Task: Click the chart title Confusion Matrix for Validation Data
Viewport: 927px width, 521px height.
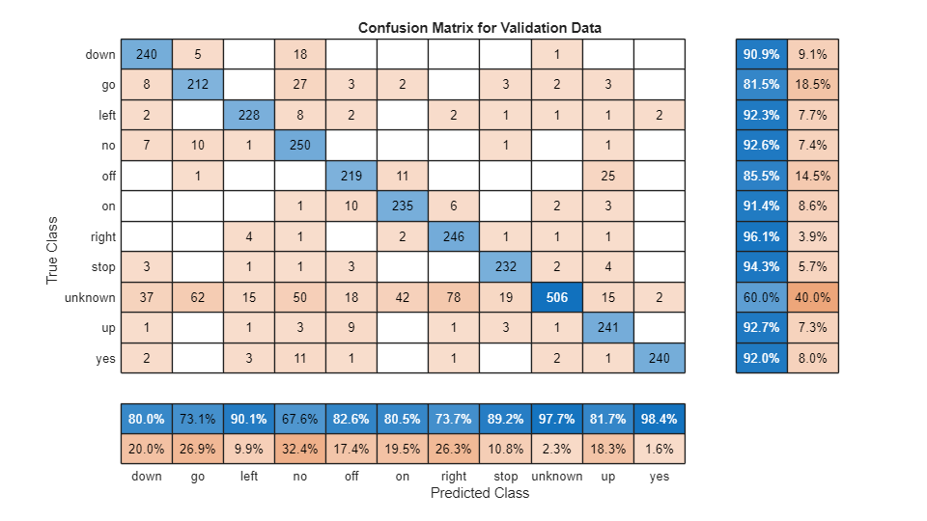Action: coord(479,27)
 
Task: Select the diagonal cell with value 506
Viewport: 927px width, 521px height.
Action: coord(556,297)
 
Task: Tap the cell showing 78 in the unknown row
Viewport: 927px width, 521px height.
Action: coord(454,297)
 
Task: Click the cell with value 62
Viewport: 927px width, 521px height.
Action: coord(198,297)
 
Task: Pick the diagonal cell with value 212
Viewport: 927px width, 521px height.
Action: coord(198,85)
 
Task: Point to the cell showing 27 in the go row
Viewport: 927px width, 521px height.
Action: coord(300,85)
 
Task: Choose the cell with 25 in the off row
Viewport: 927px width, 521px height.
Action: coord(607,176)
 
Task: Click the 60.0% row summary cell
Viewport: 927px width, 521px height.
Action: coord(761,297)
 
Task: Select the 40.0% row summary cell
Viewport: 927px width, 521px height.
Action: coord(812,297)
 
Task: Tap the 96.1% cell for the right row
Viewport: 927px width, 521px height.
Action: coord(761,236)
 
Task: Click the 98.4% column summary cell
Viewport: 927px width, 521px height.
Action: coord(659,420)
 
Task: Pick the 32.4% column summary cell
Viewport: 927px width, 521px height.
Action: coord(300,450)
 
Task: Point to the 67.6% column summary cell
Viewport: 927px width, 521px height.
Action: coord(300,420)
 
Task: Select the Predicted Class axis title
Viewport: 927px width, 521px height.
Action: coord(479,493)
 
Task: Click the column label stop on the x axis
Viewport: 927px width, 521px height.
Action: coord(505,476)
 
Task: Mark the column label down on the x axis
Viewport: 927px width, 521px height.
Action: coord(147,476)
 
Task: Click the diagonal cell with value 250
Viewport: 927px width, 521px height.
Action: coord(300,146)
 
